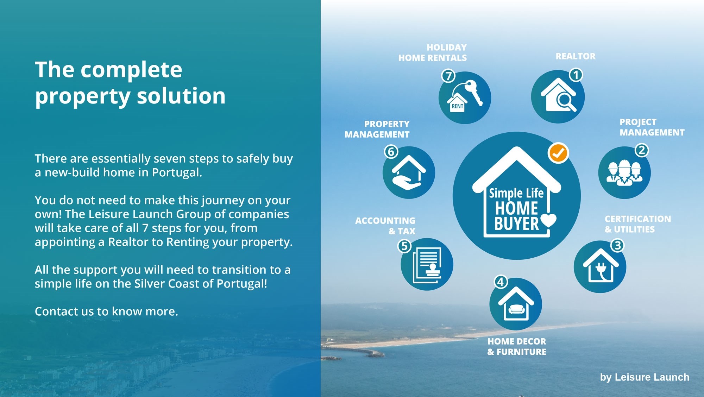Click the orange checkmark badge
tap(558, 153)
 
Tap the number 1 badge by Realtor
tap(576, 75)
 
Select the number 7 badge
tap(448, 76)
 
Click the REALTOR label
tap(576, 56)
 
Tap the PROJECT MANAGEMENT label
tap(652, 127)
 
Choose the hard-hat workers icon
tap(624, 172)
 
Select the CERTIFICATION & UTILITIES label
tap(638, 224)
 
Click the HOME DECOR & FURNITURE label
tap(517, 346)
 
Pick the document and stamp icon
tap(427, 265)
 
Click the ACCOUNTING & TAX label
tap(385, 226)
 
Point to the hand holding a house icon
tap(409, 172)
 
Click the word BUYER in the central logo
tap(517, 223)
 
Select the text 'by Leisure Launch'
tap(645, 377)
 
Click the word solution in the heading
tap(181, 96)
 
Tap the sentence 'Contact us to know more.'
tap(106, 311)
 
